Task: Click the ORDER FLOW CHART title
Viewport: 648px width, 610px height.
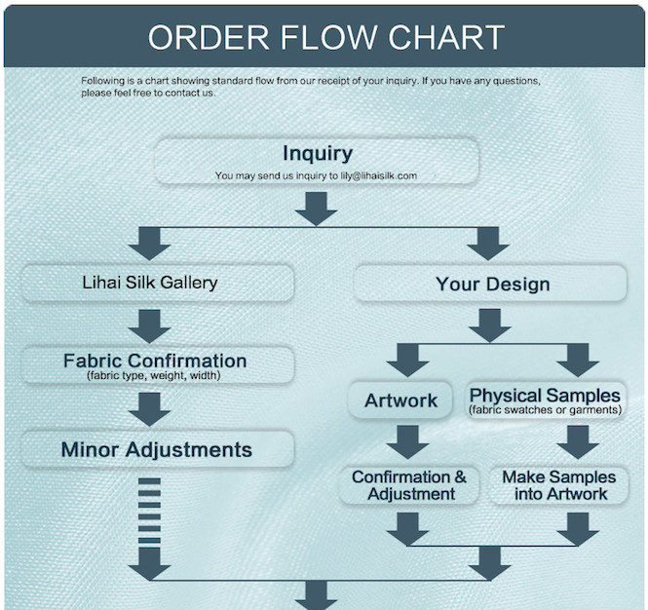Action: coord(325,37)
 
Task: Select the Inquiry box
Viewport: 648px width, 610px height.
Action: coord(317,161)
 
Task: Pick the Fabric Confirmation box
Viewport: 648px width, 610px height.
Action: coord(157,365)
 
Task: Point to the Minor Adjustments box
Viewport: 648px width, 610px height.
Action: coord(157,449)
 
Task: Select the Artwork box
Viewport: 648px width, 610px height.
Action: coord(400,400)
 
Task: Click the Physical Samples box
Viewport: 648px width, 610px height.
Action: coord(545,400)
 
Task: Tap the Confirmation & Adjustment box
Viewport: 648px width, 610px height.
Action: coord(408,485)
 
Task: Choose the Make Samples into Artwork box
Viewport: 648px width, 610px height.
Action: coord(558,485)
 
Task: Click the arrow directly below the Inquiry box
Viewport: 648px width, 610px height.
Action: coord(316,208)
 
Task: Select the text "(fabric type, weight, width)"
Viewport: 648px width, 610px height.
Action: coord(154,376)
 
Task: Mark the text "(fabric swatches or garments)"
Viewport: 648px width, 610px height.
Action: coord(545,410)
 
